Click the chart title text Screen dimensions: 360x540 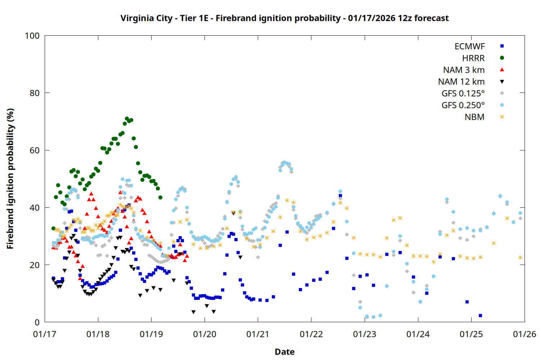point(284,18)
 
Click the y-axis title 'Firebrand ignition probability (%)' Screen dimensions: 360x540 point(10,179)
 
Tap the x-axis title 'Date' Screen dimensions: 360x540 point(284,352)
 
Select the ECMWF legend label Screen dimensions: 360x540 point(469,46)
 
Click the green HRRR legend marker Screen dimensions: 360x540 point(502,58)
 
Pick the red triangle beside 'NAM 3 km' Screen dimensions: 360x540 point(502,70)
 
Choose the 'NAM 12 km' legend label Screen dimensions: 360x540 point(461,82)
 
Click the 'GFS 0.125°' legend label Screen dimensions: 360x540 point(463,94)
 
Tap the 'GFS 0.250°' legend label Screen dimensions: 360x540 point(463,105)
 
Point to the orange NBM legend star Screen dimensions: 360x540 point(502,117)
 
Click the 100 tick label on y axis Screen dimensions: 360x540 point(32,36)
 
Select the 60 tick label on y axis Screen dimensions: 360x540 point(35,150)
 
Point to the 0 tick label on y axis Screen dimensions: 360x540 point(37,323)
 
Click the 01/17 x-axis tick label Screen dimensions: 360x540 point(45,334)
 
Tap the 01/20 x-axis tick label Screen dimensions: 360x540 point(204,334)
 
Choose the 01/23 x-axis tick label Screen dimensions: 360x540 point(365,334)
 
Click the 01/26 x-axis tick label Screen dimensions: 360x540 point(525,334)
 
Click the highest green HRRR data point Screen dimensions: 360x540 point(127,118)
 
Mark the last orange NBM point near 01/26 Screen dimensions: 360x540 point(520,257)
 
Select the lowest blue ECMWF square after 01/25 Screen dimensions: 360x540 point(480,315)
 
